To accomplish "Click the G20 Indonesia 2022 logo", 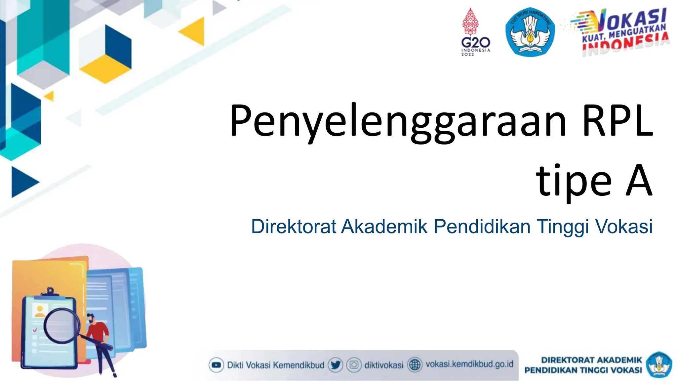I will pos(475,33).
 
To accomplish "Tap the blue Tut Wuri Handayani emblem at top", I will pos(530,32).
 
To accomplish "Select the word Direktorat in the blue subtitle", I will pos(294,227).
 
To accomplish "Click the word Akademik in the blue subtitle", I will pos(384,227).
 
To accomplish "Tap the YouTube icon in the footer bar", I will pos(216,365).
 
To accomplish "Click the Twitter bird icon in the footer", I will pos(335,365).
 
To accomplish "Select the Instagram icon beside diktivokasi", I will pos(354,365).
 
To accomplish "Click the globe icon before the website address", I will pos(415,365).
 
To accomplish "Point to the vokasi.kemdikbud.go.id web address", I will pos(469,364).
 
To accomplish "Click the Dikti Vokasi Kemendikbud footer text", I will pos(275,365).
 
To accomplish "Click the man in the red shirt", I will pos(98,334).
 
